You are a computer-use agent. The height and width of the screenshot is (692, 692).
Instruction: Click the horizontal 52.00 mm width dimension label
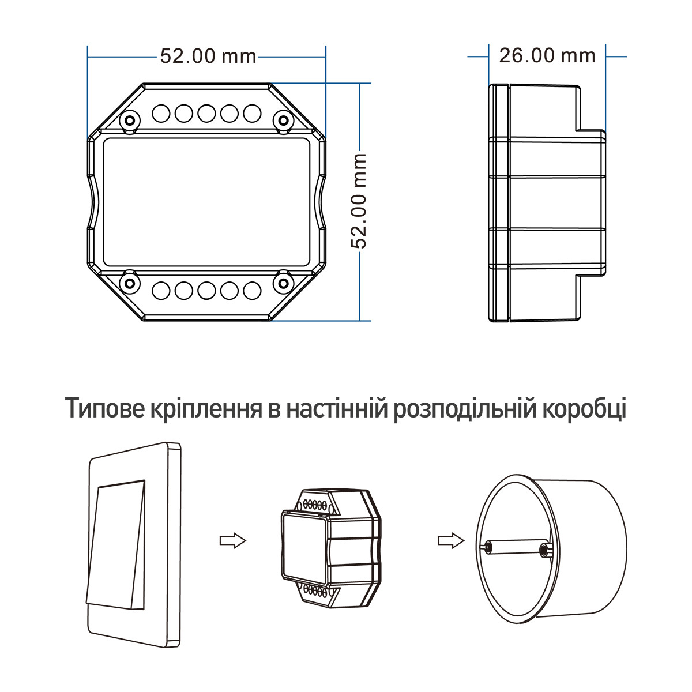(208, 57)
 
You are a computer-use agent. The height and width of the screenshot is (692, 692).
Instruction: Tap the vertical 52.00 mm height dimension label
(358, 201)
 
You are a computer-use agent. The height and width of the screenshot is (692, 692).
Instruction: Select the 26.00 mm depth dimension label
(547, 56)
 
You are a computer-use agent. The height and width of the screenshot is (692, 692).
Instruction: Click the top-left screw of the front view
(130, 120)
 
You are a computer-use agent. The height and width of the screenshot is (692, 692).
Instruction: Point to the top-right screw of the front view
(283, 120)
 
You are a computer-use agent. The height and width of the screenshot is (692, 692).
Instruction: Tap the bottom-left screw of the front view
(130, 283)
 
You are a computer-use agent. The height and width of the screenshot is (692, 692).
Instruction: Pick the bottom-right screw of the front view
(283, 283)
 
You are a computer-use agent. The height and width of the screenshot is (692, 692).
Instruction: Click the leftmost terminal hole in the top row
(161, 114)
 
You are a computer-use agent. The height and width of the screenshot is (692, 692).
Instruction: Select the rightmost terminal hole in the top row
(252, 114)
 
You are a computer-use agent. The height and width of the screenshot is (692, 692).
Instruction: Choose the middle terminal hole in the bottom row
(206, 290)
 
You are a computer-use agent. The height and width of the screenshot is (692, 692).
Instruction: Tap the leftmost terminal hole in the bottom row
(161, 290)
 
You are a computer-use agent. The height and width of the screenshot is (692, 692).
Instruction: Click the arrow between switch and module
(233, 541)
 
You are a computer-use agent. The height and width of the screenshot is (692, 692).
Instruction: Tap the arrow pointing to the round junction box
(451, 541)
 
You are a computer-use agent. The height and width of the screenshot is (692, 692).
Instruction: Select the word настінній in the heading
(337, 408)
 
